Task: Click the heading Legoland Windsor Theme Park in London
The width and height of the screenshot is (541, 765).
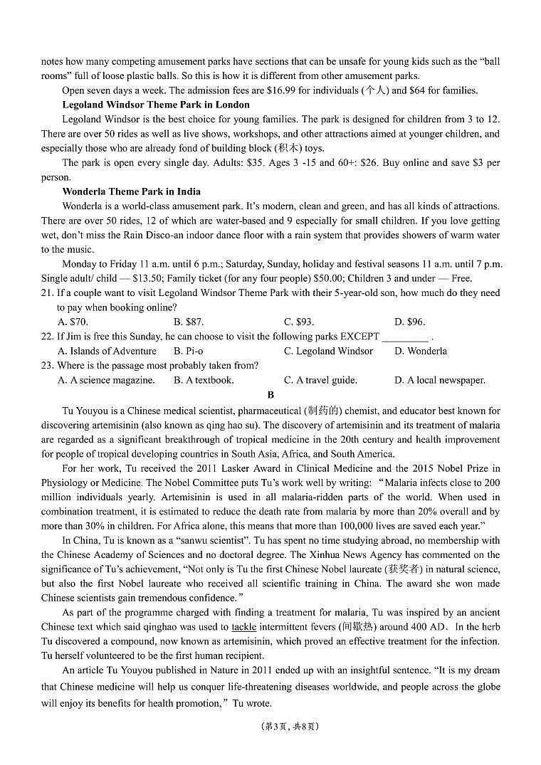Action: (x=156, y=105)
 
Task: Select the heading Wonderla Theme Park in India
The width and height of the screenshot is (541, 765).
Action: (x=131, y=191)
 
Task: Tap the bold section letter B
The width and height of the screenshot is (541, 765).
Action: (x=270, y=395)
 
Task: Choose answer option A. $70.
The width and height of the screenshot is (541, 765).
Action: (x=73, y=322)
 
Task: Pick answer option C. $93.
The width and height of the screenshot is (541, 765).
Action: (x=299, y=322)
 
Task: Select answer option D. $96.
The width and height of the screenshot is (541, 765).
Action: (x=409, y=322)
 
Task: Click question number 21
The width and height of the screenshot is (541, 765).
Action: (x=48, y=292)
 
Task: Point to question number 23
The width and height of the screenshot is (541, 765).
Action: (x=48, y=365)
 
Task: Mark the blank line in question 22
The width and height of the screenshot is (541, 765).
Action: (x=405, y=337)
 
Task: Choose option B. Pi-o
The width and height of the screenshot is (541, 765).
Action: (x=189, y=351)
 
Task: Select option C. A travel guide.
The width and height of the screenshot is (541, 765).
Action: (x=320, y=380)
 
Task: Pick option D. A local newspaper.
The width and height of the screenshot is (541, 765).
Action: (x=440, y=380)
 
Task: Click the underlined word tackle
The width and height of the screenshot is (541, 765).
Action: (x=244, y=627)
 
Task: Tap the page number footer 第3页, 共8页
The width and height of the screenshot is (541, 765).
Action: (x=270, y=727)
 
